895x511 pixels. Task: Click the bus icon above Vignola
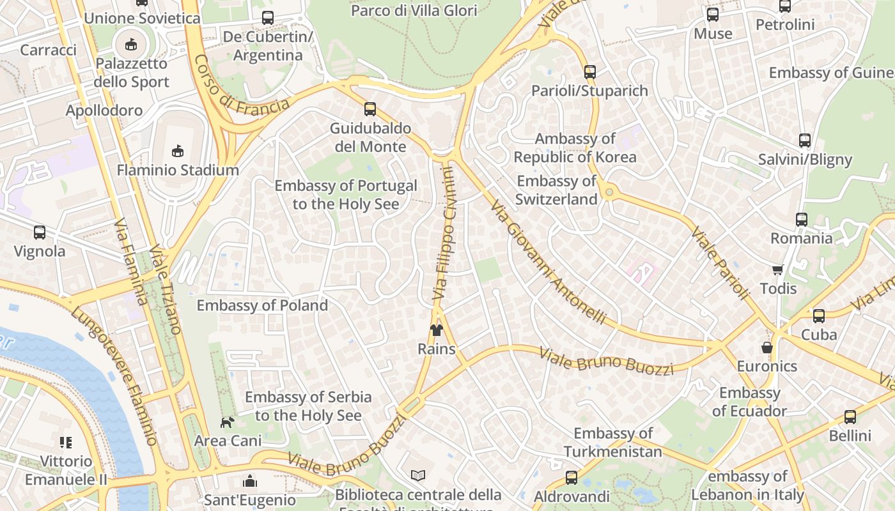click(x=40, y=233)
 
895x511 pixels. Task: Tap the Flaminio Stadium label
click(x=178, y=170)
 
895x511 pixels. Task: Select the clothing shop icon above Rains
click(x=437, y=330)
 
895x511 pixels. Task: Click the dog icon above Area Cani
click(x=228, y=422)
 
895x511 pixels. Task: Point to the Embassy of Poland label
click(x=262, y=305)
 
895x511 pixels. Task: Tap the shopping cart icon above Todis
click(x=778, y=270)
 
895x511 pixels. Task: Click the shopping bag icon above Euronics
click(x=767, y=348)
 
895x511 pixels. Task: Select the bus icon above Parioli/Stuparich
click(x=590, y=72)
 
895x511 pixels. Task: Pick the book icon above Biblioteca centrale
click(x=418, y=476)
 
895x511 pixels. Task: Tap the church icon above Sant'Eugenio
click(x=249, y=481)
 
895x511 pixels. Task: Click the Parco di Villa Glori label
click(x=414, y=11)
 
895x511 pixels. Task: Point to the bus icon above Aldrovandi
click(x=572, y=478)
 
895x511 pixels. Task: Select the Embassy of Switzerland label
click(x=556, y=190)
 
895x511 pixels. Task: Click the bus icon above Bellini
click(x=850, y=417)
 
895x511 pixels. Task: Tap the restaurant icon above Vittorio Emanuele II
click(x=66, y=442)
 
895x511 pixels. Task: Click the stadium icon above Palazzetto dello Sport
click(x=131, y=44)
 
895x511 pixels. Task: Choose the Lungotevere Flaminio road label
click(x=115, y=377)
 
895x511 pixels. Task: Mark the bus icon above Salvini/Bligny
click(x=805, y=141)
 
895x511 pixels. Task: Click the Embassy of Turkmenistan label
click(x=612, y=442)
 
